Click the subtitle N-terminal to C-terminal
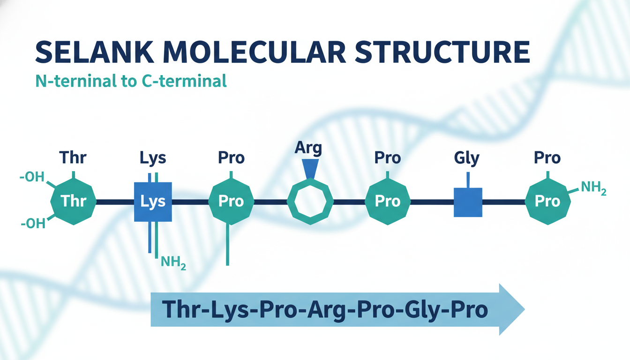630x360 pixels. coord(131,81)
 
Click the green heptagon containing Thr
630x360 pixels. coord(74,202)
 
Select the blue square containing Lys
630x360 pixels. coord(153,202)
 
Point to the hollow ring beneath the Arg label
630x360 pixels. coord(309,202)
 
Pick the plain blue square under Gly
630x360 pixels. coord(468,202)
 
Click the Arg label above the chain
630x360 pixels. coord(308,148)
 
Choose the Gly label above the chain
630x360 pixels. coord(466,158)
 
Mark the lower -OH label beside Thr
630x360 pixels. coord(33,224)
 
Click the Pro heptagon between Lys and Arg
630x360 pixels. coord(231,202)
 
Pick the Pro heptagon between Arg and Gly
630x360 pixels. coord(388,202)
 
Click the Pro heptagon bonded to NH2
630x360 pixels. coord(547,202)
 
